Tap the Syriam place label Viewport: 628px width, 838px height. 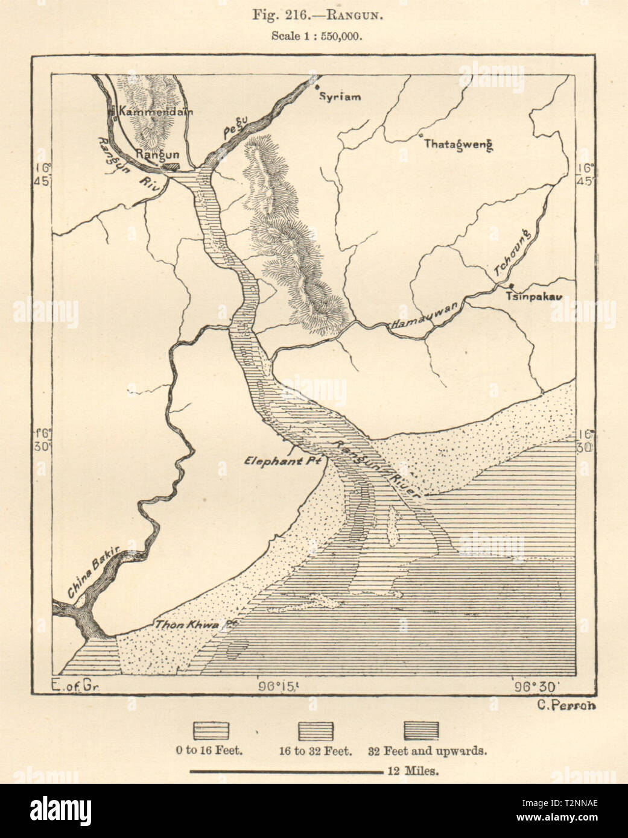[340, 97]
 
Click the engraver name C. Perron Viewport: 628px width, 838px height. [565, 706]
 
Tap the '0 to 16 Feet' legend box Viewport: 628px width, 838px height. [211, 730]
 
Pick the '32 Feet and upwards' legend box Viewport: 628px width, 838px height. [422, 730]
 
